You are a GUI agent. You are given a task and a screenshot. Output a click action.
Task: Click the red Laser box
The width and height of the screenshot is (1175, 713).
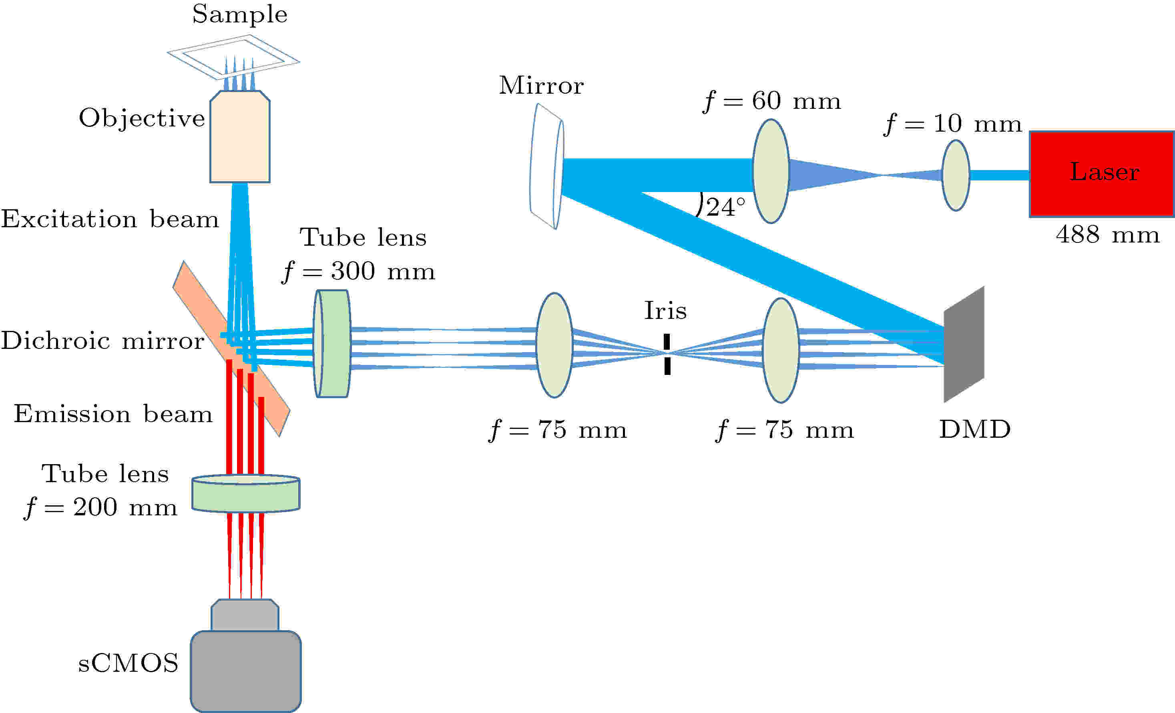pos(1102,174)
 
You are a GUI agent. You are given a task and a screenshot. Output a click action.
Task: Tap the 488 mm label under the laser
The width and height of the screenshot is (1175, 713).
pos(1107,235)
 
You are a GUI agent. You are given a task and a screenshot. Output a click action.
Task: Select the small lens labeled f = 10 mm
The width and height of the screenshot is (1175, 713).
pos(956,175)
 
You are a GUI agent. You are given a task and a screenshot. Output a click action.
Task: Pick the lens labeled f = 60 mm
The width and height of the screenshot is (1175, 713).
pos(771,171)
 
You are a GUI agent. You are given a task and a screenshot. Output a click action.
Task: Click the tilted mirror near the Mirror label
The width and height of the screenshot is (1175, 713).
pos(547,166)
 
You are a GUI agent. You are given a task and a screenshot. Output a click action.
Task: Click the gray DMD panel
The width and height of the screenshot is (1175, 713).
pos(964,344)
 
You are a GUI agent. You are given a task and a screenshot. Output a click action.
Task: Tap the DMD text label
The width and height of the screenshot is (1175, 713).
pos(975,429)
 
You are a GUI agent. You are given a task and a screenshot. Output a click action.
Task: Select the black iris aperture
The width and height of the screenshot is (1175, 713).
pos(667,354)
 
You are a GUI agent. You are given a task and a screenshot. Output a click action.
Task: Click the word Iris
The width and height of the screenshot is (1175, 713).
pos(665,311)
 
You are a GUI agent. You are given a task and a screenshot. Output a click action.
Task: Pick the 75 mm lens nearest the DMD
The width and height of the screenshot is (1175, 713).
pos(781,350)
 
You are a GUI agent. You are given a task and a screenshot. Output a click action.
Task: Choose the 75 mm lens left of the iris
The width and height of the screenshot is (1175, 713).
pos(554,345)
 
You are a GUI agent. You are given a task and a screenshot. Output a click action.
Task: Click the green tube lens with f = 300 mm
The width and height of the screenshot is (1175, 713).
pos(332,344)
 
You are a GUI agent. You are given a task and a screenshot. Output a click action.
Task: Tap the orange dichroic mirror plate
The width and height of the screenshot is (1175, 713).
pos(231,348)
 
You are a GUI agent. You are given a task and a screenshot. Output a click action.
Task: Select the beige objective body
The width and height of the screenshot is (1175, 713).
pos(240,136)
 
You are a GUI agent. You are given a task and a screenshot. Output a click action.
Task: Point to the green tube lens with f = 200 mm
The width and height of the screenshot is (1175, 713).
pos(245,493)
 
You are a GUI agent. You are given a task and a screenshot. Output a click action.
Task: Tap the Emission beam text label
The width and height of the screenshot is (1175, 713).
pos(113,414)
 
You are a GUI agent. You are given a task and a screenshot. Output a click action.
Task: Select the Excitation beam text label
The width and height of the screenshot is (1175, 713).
pos(110,219)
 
